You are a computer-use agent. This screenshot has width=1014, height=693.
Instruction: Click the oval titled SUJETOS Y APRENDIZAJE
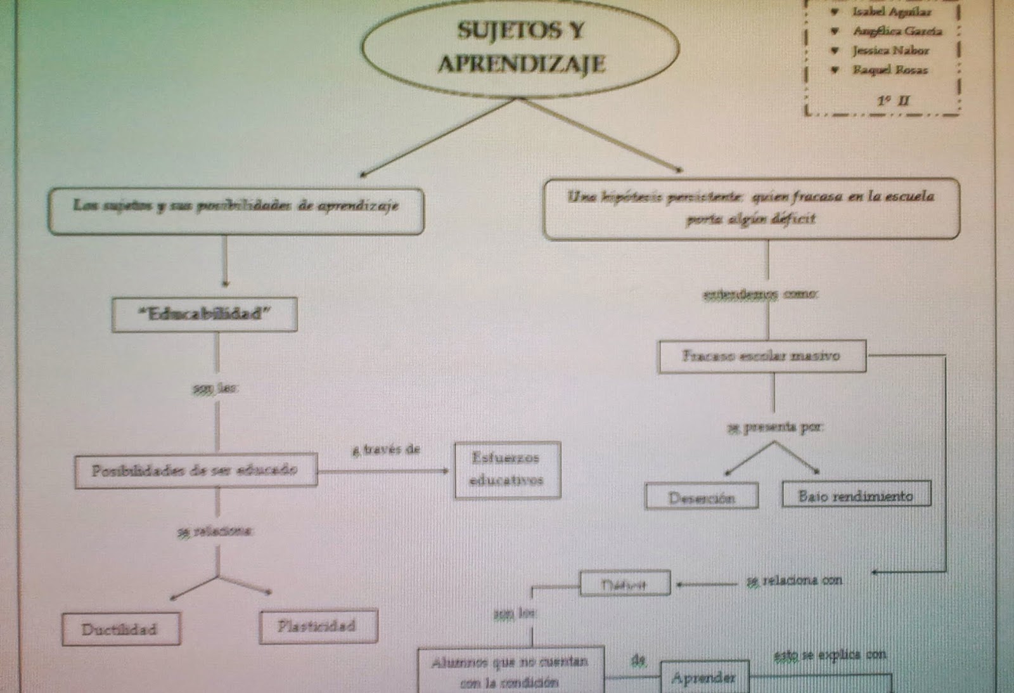pos(520,48)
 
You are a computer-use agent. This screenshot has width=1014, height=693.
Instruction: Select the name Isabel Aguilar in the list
pos(891,12)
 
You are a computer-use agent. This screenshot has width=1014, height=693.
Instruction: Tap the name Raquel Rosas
pos(889,70)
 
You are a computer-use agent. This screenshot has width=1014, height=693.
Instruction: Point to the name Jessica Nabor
pos(890,51)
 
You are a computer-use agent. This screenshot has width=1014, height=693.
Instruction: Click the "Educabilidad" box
pos(205,314)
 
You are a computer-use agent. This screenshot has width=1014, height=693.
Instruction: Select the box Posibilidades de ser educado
pos(195,470)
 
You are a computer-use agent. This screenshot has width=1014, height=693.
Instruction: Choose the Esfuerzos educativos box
pos(507,469)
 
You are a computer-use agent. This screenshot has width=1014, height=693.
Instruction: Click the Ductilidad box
pos(120,630)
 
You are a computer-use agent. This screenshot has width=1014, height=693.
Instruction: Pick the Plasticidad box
pos(318,626)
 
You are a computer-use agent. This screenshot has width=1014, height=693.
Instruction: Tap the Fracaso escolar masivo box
pos(761,356)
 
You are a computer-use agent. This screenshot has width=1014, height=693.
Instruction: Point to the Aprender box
pos(703,678)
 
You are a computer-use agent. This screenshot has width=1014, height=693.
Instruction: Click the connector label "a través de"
pos(386,450)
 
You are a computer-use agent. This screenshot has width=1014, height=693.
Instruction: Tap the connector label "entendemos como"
pos(760,294)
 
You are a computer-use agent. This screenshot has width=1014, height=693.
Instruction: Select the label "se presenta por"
pos(774,427)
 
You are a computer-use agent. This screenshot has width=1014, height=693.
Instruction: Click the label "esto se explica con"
pos(830,654)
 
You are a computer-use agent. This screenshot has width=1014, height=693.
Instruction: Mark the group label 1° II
pos(893,100)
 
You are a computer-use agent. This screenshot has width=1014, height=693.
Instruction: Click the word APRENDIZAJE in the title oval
pos(521,64)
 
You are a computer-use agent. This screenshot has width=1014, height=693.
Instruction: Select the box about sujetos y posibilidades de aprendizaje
pos(236,206)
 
